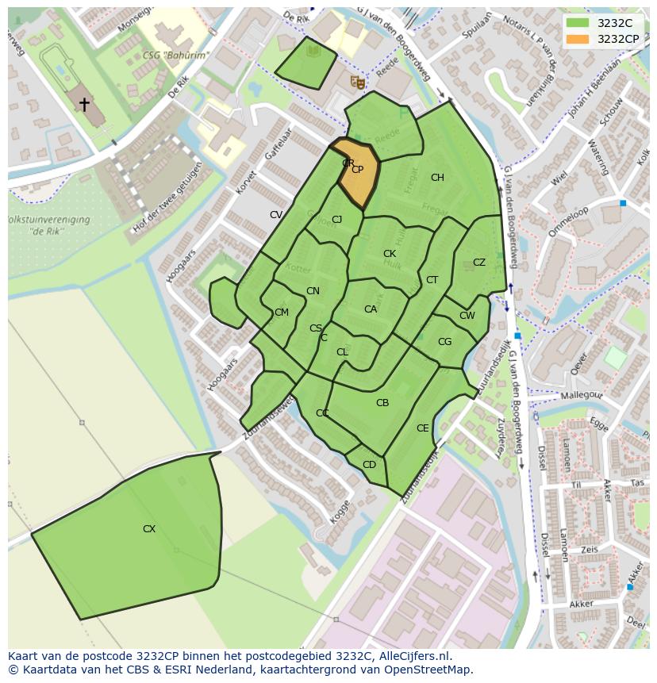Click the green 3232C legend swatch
click(578, 23)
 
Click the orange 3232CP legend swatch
click(578, 38)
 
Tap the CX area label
click(149, 529)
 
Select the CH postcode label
click(437, 178)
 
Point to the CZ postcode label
click(479, 263)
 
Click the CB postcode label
click(382, 403)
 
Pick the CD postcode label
click(369, 465)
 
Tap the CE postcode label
click(423, 428)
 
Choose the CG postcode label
click(444, 342)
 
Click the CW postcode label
click(467, 316)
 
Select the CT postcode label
click(432, 280)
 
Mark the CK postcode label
click(390, 254)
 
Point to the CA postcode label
click(371, 309)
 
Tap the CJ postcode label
click(337, 220)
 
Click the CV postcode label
click(276, 215)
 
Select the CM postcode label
click(282, 313)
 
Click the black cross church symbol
click(84, 104)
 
